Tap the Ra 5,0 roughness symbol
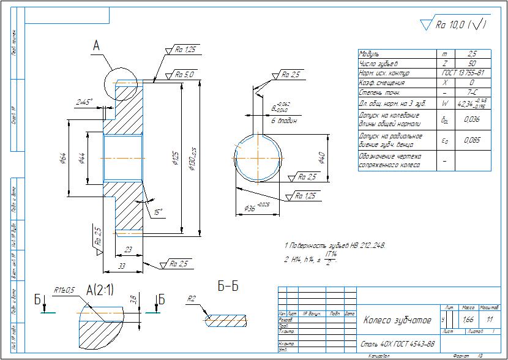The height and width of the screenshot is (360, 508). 184,75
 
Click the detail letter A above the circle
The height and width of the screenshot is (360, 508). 96,46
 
